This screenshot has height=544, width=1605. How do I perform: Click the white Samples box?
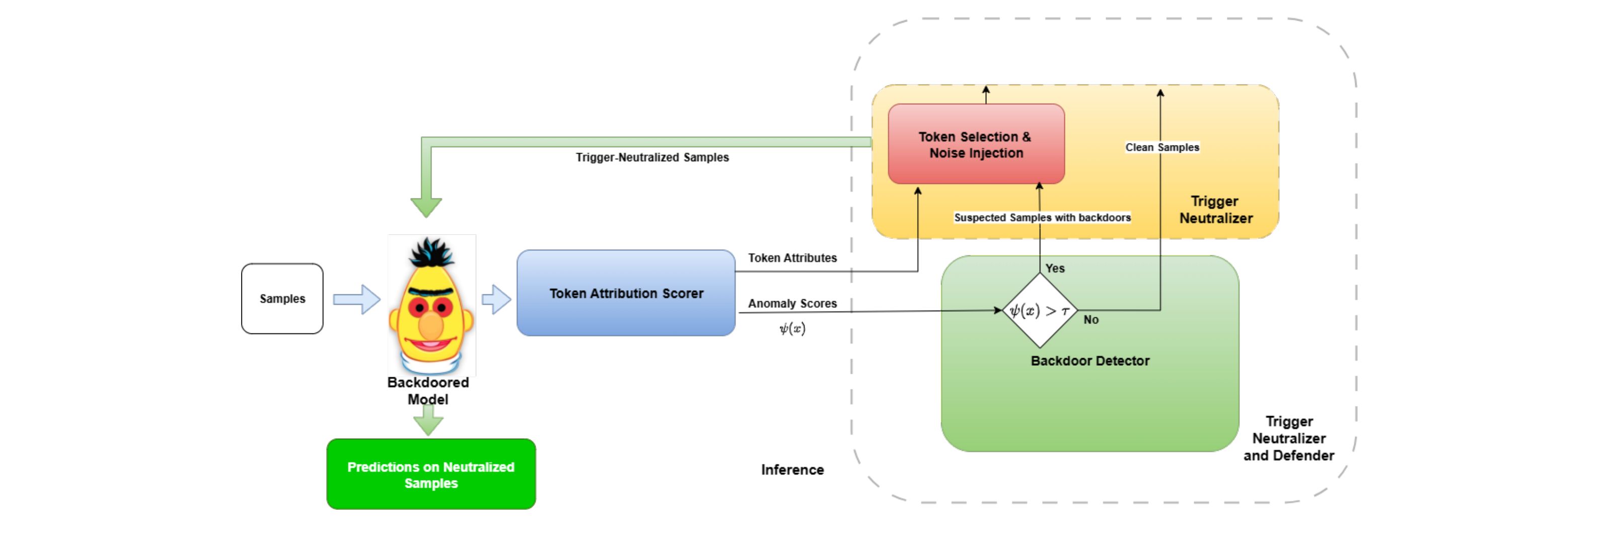[282, 299]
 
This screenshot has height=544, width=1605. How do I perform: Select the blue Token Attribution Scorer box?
[626, 293]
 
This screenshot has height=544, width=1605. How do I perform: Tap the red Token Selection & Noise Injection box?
[976, 144]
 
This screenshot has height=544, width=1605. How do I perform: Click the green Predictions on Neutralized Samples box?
[430, 474]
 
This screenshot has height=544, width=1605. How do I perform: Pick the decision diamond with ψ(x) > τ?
[1039, 310]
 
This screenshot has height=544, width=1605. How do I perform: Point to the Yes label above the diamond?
[1055, 268]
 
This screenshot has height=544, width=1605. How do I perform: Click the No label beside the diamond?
[1091, 320]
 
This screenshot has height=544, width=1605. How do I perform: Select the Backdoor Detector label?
[1090, 361]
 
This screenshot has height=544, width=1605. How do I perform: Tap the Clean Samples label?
[1162, 147]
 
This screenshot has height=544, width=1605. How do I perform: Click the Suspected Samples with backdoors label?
[1042, 218]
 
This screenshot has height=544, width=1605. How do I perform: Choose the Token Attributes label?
[792, 258]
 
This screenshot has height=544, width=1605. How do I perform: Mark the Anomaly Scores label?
[792, 303]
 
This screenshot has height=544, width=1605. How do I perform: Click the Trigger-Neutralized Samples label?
[652, 157]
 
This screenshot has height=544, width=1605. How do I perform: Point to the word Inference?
[792, 470]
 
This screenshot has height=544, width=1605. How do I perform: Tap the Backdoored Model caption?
[428, 391]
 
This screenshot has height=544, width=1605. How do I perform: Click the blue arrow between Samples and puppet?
[356, 299]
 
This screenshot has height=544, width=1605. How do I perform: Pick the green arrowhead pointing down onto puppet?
[426, 206]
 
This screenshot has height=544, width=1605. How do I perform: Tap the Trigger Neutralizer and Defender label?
[1288, 439]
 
